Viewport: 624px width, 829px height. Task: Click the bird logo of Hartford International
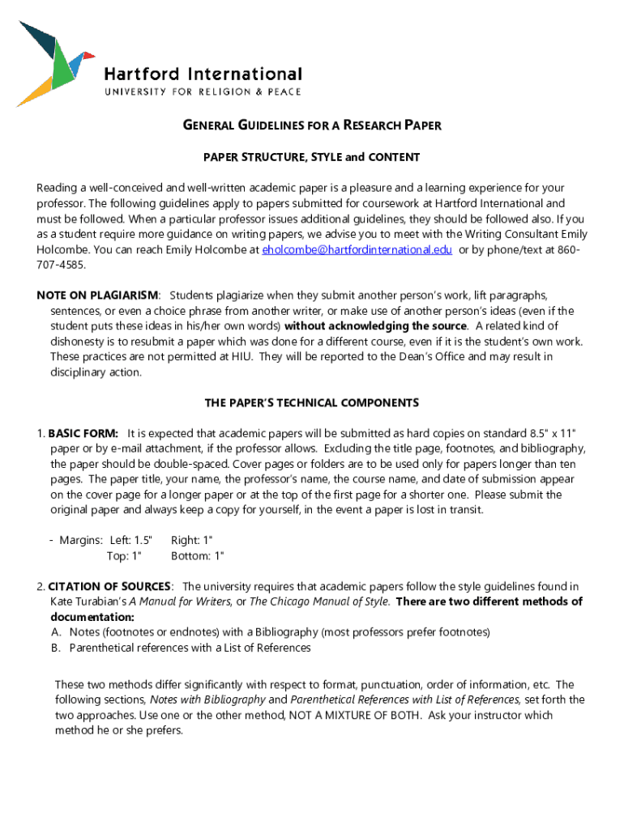click(53, 64)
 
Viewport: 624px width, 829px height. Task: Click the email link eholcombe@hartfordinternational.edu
click(357, 250)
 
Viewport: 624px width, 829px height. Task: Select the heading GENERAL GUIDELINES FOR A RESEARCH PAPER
click(311, 125)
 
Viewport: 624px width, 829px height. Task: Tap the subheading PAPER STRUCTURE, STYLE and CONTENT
click(311, 157)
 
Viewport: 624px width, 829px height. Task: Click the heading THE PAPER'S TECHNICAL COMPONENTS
click(311, 402)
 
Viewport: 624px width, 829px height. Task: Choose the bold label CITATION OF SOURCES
click(109, 586)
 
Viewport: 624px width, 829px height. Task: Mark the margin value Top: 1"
click(124, 555)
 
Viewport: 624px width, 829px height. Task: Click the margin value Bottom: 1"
click(198, 555)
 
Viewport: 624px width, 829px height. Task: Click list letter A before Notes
click(56, 632)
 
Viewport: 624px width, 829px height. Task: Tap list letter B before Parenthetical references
click(56, 648)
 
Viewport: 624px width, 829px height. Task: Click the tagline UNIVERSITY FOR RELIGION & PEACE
click(203, 92)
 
